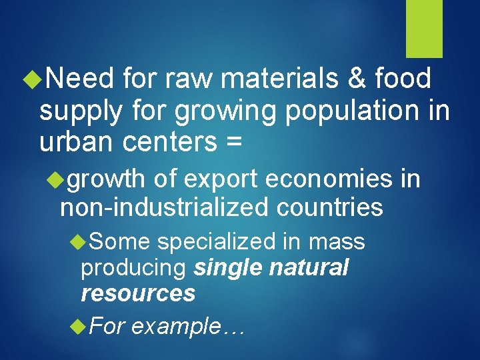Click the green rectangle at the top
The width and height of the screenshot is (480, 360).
[x=425, y=29]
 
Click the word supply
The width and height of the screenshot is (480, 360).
[x=81, y=111]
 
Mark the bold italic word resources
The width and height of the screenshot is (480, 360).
[x=138, y=293]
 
